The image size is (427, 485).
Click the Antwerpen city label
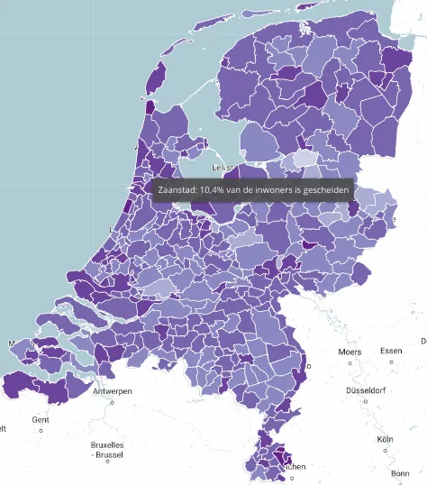(113, 391)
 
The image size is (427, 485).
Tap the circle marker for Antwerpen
(113, 402)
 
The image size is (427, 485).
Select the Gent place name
(41, 420)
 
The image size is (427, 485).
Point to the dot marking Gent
(41, 431)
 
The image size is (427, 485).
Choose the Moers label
(350, 351)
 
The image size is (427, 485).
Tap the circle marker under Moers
(350, 362)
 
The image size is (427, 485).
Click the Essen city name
(392, 351)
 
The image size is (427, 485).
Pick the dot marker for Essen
(392, 362)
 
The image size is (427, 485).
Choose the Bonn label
(401, 473)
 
